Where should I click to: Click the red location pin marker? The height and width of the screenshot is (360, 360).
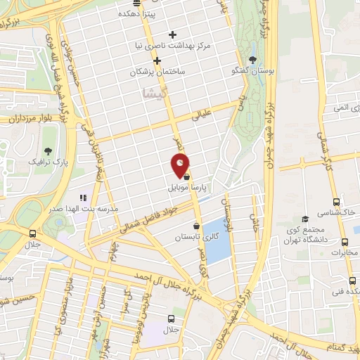pyautogui.click(x=181, y=166)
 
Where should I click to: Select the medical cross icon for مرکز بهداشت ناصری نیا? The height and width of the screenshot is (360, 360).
pyautogui.click(x=173, y=34)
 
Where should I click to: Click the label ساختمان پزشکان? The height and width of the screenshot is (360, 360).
pyautogui.click(x=158, y=72)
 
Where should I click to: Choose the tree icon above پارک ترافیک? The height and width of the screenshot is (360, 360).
pyautogui.click(x=48, y=150)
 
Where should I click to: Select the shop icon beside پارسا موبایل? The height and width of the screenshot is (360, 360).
pyautogui.click(x=186, y=179)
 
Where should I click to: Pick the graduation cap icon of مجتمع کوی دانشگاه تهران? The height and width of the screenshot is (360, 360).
pyautogui.click(x=304, y=219)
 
